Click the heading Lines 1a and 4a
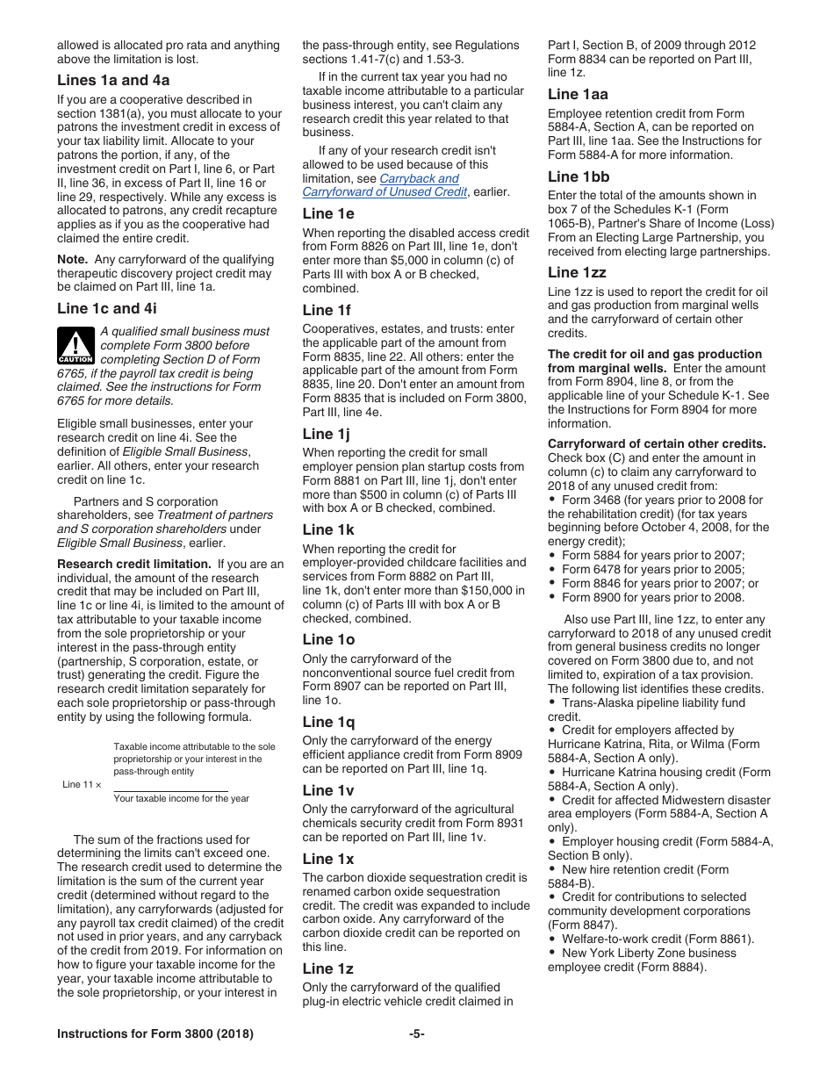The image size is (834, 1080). coord(113,80)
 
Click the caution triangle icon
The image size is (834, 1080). coord(75,345)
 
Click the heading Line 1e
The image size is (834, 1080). coord(328,213)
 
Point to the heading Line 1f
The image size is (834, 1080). coord(327,310)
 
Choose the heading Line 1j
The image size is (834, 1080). coord(327,434)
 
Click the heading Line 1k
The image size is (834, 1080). coord(328,529)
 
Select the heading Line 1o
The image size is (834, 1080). coord(328,639)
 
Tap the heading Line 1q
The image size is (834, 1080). coord(328,722)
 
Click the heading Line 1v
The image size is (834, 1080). coord(328,790)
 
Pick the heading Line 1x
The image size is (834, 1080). coord(328,859)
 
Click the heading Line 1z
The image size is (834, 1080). coord(328,968)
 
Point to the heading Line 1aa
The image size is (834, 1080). coord(578,94)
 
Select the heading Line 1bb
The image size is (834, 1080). coord(579,176)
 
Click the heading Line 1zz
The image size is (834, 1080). coord(577,272)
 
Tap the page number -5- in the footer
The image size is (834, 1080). coord(416,1033)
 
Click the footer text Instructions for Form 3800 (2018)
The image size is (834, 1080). coord(155,1033)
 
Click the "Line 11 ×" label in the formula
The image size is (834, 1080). coord(82,785)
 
